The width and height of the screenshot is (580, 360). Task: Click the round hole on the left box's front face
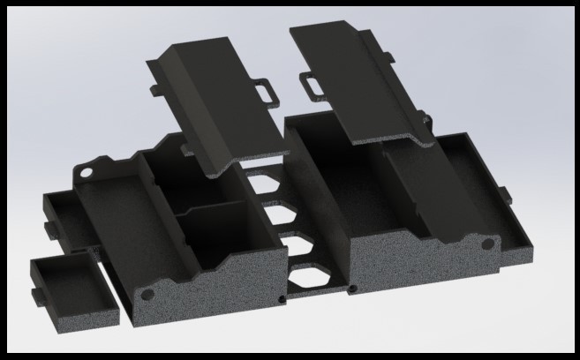(147, 292)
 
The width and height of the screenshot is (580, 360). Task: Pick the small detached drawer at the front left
(74, 291)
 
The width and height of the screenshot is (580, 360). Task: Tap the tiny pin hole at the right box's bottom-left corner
(353, 289)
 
